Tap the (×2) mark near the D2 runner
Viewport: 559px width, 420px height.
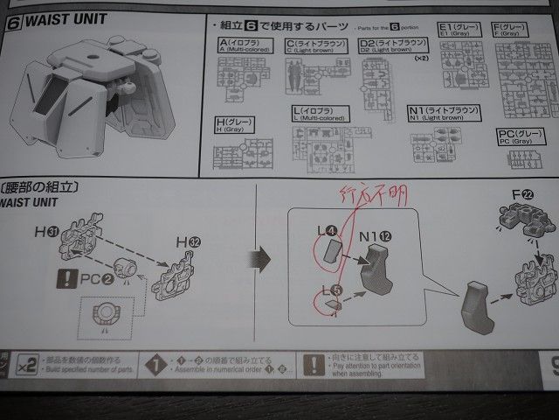click(422, 58)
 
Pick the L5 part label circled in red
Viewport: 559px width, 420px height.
click(328, 290)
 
